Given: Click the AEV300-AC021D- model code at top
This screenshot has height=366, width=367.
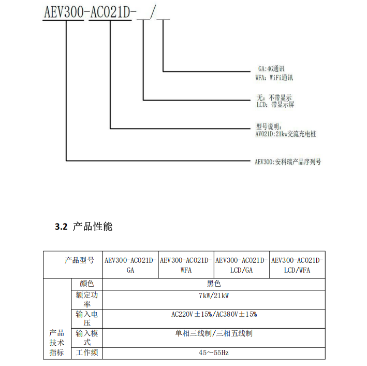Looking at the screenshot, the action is (90, 12).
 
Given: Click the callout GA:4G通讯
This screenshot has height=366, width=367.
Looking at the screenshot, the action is (271, 69).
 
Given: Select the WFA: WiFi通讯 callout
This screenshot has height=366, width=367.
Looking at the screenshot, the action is (274, 78).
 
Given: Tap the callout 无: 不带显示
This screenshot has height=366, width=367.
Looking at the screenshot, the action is (274, 97).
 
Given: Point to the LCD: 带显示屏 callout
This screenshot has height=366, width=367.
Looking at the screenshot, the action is (275, 105).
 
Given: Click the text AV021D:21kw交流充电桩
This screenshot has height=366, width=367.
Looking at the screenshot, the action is (286, 134).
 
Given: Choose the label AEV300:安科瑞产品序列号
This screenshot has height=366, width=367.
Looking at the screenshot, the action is (288, 162).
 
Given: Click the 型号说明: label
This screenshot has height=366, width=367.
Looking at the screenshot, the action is (269, 127).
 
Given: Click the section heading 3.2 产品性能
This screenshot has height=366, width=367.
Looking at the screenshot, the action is (83, 227).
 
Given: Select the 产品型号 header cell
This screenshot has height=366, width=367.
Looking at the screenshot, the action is (79, 260).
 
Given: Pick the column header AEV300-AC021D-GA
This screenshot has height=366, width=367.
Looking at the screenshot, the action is (130, 265).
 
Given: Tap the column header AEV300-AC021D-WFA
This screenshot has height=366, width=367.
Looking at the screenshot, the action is (186, 265).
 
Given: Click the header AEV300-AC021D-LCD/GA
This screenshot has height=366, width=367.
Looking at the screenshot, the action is (241, 265).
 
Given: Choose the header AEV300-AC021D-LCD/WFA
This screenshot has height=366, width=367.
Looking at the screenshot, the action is (297, 265).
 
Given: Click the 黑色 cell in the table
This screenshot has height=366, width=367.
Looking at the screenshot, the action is (214, 284).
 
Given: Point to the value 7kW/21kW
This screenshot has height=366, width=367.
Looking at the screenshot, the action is (214, 295).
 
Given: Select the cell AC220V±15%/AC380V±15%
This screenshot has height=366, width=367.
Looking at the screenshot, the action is (214, 314).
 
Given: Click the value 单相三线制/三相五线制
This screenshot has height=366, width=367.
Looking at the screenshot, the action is (214, 333).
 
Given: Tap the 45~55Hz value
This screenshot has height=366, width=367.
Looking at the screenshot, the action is (213, 353).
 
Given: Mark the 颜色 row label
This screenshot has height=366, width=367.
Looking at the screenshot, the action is (87, 284).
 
